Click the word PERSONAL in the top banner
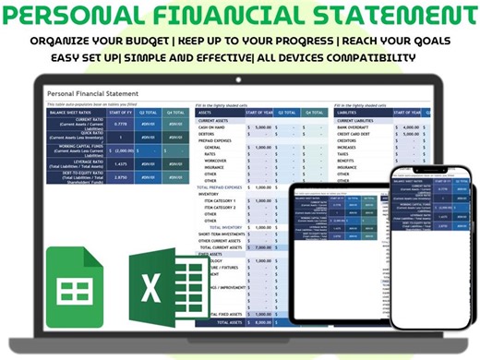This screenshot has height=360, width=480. (87, 17)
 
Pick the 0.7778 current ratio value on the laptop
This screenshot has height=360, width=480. (119, 124)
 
